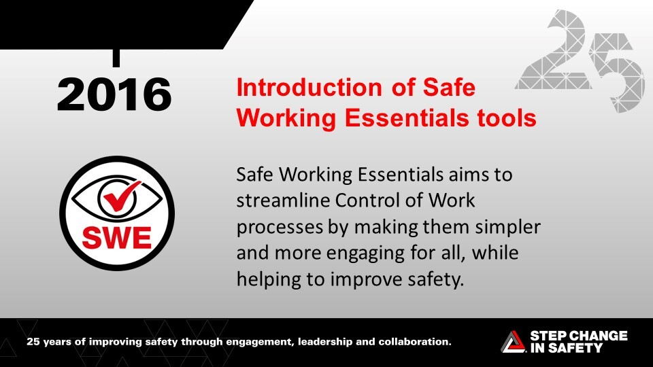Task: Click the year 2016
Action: click(x=114, y=94)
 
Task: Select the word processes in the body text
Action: click(x=280, y=228)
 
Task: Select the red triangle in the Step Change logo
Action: click(x=514, y=340)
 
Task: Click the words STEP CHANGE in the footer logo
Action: click(x=578, y=336)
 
